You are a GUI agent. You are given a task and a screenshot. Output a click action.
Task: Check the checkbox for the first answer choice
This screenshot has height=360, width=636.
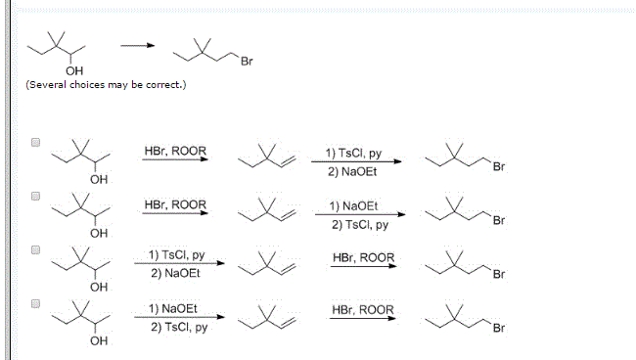click(36, 142)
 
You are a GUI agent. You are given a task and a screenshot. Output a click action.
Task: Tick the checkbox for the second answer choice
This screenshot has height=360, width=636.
click(36, 196)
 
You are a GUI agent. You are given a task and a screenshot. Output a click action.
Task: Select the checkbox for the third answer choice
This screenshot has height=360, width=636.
click(36, 249)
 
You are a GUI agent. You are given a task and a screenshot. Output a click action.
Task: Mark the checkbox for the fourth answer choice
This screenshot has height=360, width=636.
click(36, 303)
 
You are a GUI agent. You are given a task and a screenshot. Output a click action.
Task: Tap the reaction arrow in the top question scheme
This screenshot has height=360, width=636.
click(137, 46)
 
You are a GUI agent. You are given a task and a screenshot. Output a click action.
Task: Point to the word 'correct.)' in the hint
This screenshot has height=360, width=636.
click(165, 86)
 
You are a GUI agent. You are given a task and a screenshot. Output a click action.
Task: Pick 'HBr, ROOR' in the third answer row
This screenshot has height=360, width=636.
click(363, 257)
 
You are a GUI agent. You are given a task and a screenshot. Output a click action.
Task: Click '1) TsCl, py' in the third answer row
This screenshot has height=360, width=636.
click(177, 255)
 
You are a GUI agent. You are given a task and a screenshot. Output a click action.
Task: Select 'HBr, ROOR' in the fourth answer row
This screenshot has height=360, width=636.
click(363, 310)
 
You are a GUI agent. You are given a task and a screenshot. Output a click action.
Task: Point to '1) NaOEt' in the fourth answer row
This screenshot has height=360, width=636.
click(173, 308)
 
